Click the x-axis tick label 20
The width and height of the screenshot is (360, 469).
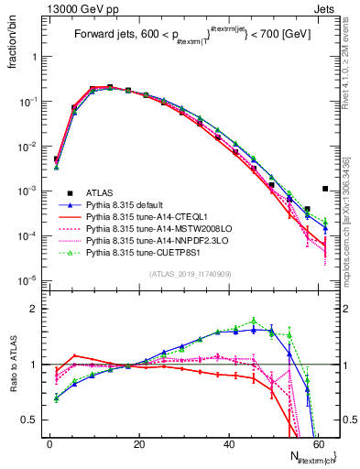(x=139, y=443)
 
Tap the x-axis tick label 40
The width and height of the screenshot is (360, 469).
(x=229, y=443)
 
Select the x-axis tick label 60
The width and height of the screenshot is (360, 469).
(x=318, y=443)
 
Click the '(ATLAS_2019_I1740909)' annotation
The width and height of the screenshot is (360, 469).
(x=189, y=274)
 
